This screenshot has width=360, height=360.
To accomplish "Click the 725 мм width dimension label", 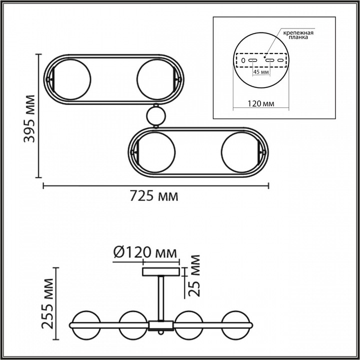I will click(154, 196).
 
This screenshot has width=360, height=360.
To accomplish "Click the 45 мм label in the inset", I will click(260, 72).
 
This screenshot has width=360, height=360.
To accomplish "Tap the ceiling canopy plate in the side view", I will click(160, 272).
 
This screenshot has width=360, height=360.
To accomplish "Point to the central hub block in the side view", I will click(160, 325).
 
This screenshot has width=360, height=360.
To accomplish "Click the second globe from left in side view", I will click(132, 325).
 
